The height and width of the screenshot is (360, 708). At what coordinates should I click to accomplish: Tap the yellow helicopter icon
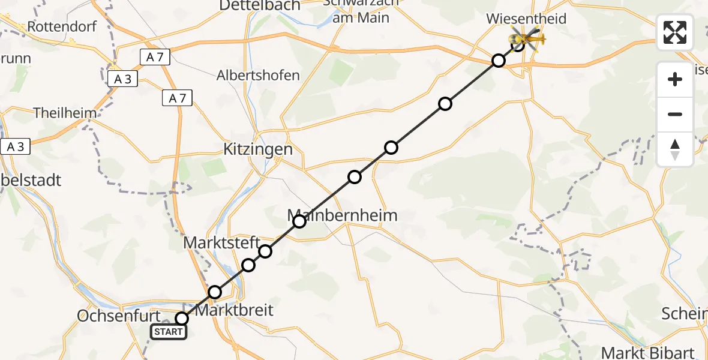526,40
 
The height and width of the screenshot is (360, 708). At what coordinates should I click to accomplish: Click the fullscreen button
675,32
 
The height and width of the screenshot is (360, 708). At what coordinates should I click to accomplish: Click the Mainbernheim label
342,215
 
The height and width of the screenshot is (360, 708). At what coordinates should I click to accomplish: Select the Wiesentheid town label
526,19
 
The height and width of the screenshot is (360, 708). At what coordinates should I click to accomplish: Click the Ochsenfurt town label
119,316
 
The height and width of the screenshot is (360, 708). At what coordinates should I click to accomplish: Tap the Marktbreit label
235,310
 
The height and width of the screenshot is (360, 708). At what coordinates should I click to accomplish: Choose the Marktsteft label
221,243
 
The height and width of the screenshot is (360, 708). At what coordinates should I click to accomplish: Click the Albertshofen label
258,76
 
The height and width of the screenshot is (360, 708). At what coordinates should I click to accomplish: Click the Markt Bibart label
647,353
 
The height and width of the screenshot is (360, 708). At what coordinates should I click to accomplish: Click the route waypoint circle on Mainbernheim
299,221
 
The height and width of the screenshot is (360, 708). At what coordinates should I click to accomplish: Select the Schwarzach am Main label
356,11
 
